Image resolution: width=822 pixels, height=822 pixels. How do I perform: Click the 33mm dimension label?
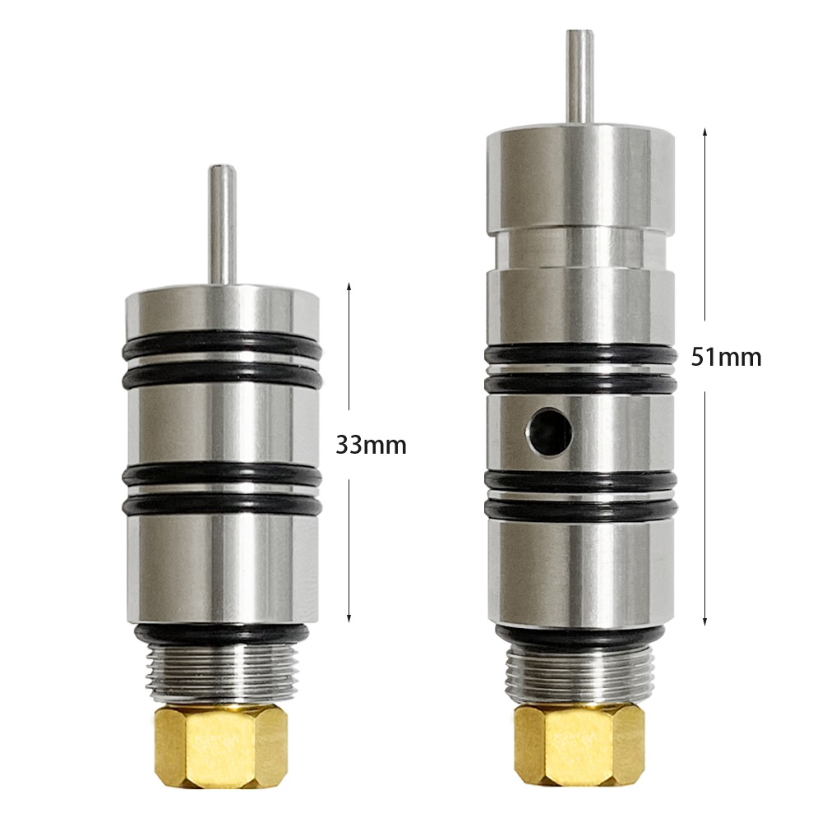pyautogui.click(x=371, y=446)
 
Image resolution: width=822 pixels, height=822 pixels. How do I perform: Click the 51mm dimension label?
pyautogui.click(x=726, y=358)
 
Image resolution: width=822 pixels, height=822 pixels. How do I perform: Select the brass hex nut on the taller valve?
pyautogui.click(x=580, y=745)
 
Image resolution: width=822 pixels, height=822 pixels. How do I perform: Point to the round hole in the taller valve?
pyautogui.click(x=549, y=432)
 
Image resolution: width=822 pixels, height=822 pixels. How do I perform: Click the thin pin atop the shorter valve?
pyautogui.click(x=222, y=225)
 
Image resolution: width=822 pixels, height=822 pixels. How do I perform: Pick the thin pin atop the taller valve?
pyautogui.click(x=580, y=77)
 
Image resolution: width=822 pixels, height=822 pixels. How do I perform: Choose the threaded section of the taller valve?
pyautogui.click(x=580, y=674)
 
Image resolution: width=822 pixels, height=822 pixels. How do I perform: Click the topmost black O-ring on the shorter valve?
pyautogui.click(x=222, y=345)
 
